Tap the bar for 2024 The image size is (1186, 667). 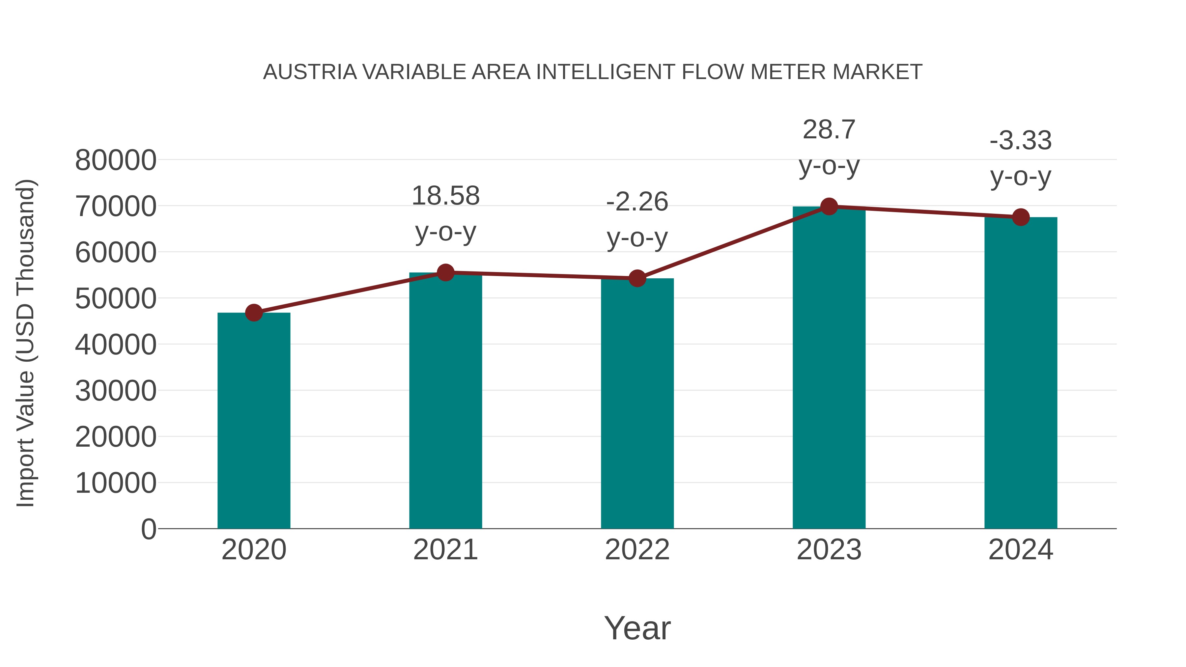coord(1021,373)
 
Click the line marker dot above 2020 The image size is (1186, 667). coord(254,313)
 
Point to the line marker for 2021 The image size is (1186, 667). coord(445,272)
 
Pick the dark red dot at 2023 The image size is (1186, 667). coord(829,207)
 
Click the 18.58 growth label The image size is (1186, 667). coord(445,196)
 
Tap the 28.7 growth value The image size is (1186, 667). coord(829,129)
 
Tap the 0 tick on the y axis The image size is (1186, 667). coord(148,529)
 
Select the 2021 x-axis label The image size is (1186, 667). coord(445,550)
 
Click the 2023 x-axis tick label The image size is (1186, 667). coord(829,550)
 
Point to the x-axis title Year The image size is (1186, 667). coord(637,628)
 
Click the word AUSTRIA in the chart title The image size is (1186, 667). coord(310,72)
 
